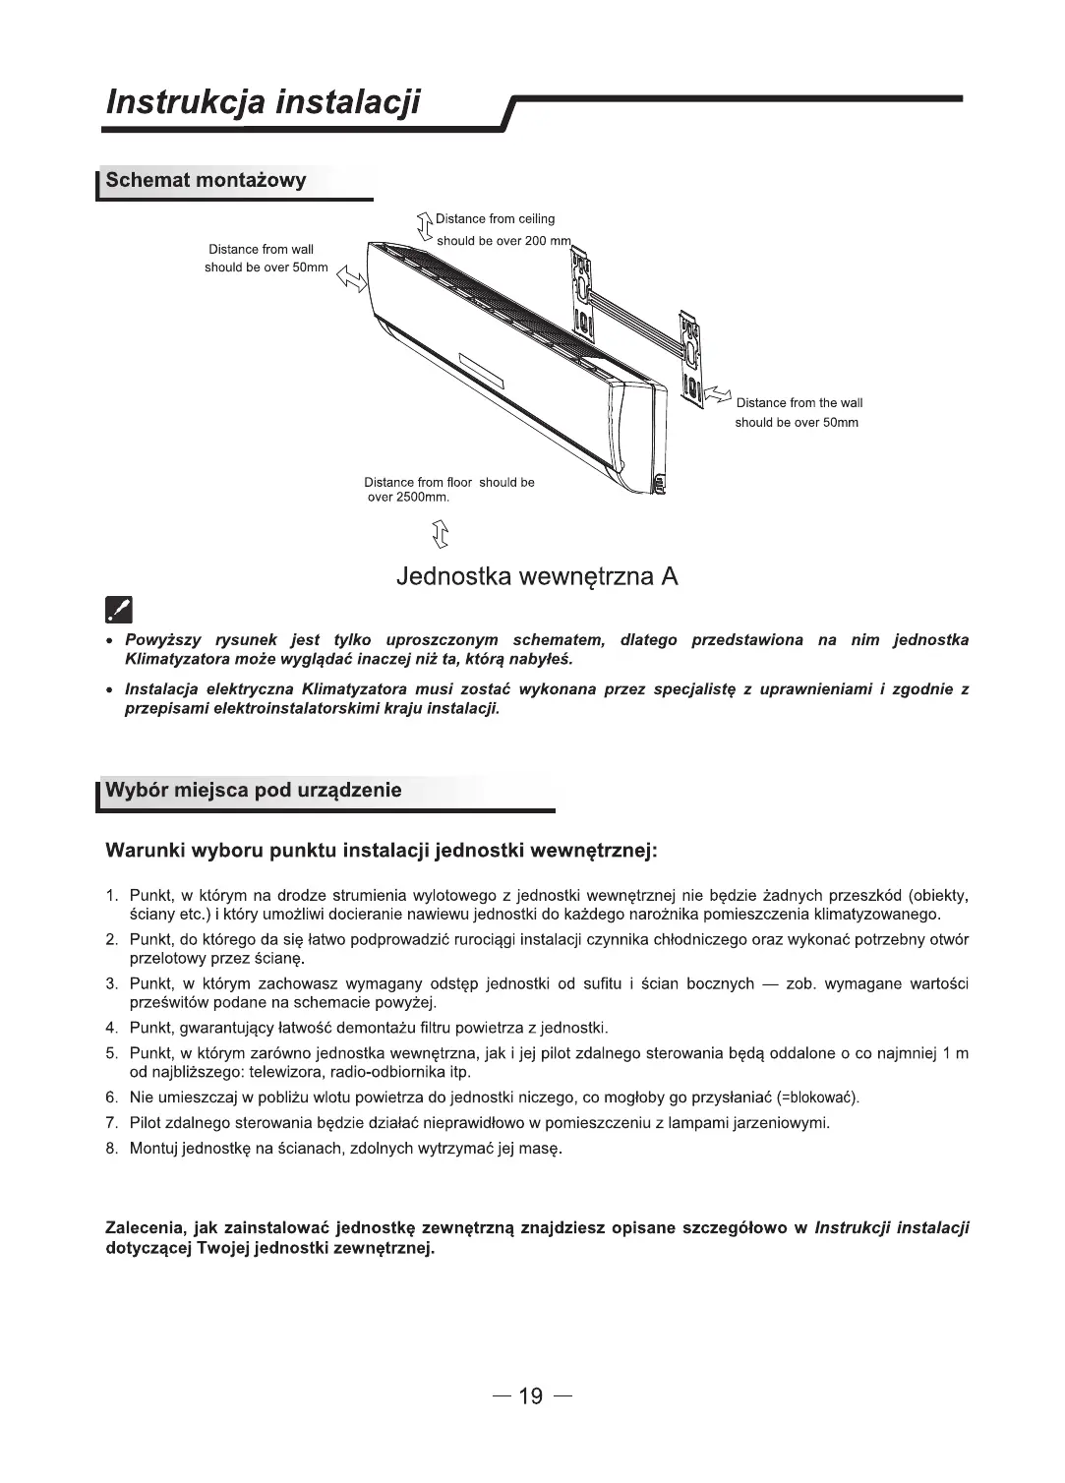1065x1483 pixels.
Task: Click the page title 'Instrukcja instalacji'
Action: point(263,101)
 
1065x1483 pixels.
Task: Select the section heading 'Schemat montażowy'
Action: point(206,180)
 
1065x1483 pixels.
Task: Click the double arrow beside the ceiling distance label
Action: point(426,226)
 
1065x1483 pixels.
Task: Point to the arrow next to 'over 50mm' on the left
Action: point(351,279)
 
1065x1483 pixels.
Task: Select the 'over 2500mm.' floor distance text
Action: point(408,498)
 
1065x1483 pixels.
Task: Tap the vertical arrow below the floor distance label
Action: point(440,534)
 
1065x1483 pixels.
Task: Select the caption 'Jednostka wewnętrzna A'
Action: point(537,576)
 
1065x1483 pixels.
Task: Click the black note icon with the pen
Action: point(117,611)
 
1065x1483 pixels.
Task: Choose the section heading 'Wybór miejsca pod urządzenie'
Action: point(254,791)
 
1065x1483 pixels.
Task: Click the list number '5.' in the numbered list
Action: point(112,1054)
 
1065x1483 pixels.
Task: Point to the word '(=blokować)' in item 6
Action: point(818,1097)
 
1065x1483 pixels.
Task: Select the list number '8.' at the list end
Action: point(112,1149)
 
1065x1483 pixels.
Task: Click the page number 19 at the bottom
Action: point(531,1396)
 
